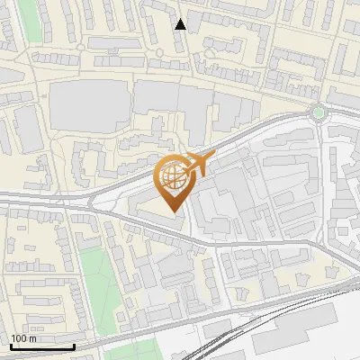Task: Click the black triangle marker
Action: (181, 24)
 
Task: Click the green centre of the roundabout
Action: (318, 112)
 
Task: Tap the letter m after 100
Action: (32, 338)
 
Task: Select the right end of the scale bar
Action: (74, 346)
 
